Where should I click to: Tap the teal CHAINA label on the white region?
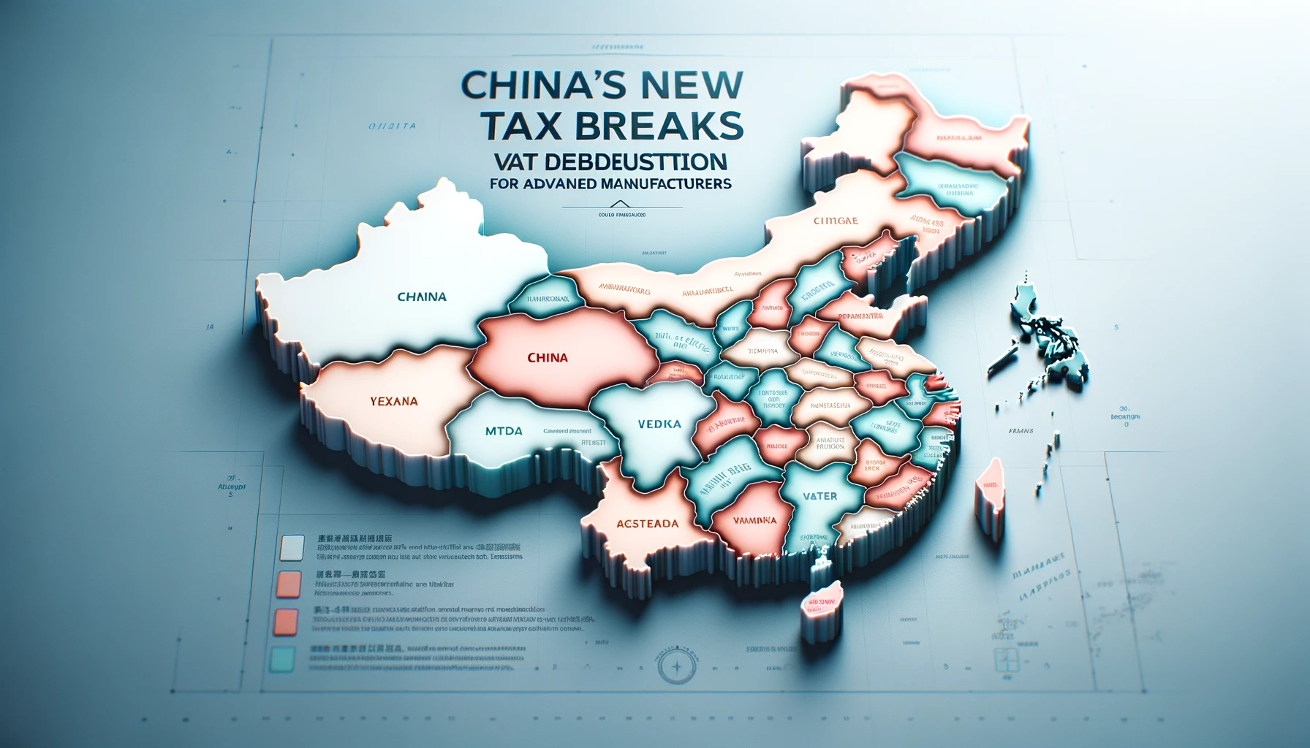click(422, 297)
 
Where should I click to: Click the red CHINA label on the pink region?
click(547, 358)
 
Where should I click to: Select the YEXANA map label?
click(394, 401)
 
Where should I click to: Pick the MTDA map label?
click(504, 431)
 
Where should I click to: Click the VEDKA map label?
click(659, 424)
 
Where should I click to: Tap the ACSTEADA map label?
click(647, 523)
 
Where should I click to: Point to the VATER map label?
click(819, 496)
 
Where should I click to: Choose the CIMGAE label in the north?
click(836, 220)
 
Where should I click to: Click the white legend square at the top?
click(292, 547)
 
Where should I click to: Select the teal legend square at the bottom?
click(283, 660)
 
